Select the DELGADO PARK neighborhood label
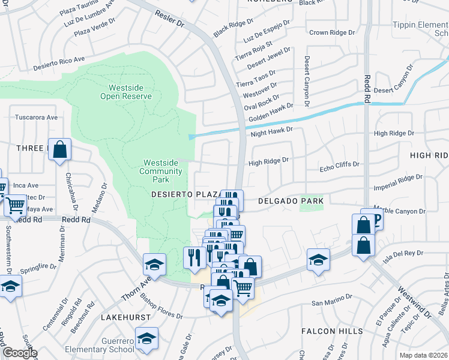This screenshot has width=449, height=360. [291, 201]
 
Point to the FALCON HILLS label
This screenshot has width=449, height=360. [332, 331]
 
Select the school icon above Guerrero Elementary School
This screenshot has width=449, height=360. [146, 338]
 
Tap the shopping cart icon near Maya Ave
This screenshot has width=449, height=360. [15, 205]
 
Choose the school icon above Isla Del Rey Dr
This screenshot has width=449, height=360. [318, 260]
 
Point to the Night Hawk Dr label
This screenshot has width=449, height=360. [271, 130]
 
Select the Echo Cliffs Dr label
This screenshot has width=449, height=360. [339, 164]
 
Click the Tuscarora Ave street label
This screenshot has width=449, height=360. [36, 117]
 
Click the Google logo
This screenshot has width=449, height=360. [20, 353]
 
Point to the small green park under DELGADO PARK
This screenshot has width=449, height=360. [310, 208]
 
